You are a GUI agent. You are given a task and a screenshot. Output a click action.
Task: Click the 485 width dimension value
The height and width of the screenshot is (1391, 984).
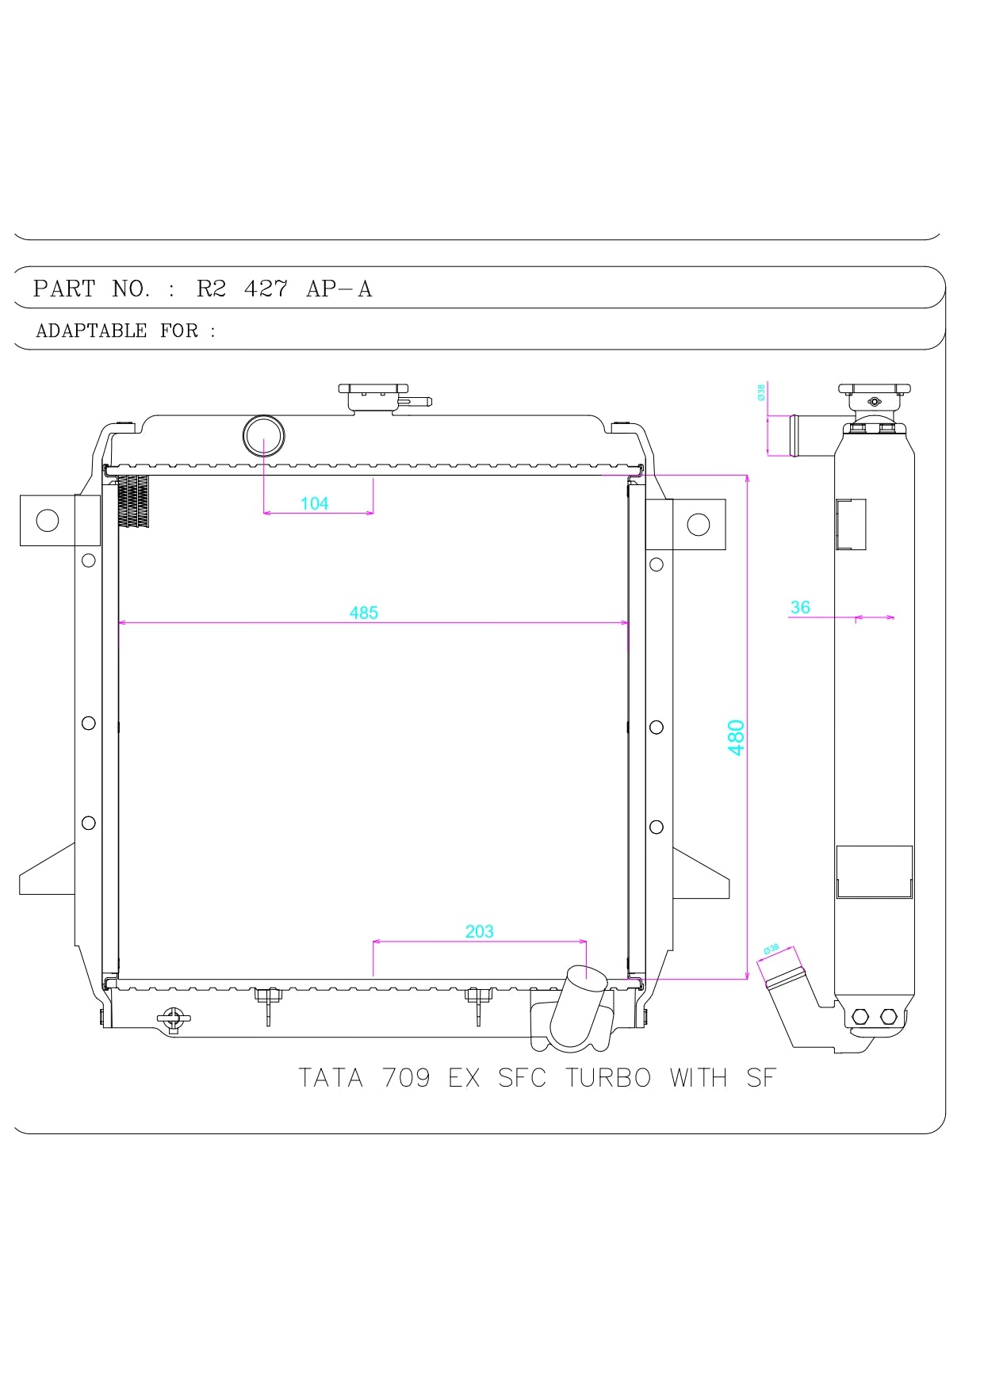tap(364, 613)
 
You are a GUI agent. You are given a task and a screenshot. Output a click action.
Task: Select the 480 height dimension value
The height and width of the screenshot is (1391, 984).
tap(736, 737)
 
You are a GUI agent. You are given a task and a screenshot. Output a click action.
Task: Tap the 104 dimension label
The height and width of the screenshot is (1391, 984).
tap(315, 503)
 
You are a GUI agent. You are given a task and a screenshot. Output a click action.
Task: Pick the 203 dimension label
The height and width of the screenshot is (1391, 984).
tap(480, 931)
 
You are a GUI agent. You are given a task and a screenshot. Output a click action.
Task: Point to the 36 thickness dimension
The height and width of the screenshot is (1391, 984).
tap(800, 607)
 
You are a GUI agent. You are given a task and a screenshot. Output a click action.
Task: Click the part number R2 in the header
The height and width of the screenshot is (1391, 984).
tap(211, 289)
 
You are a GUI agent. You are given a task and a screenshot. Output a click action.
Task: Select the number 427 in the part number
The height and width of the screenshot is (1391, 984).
tap(266, 289)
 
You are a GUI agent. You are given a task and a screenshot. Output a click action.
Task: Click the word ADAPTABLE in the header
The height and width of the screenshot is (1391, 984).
tap(91, 331)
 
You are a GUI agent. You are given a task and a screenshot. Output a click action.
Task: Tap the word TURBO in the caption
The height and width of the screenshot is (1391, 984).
tap(608, 1078)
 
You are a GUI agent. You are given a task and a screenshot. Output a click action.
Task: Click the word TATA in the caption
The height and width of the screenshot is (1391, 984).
tap(331, 1078)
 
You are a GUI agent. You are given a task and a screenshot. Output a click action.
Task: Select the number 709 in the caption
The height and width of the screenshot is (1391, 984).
tap(406, 1078)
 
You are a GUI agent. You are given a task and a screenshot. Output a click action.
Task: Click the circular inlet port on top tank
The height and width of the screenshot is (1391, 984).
tap(263, 435)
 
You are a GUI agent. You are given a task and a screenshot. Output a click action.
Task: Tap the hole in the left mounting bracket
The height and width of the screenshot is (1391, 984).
tap(48, 521)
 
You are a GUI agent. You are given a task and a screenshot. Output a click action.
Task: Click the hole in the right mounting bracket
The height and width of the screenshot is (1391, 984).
tap(699, 525)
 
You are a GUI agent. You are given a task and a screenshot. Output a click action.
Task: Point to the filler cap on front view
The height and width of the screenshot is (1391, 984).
tap(373, 396)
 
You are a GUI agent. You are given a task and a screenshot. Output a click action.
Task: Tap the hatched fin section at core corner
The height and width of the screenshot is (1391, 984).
tap(133, 501)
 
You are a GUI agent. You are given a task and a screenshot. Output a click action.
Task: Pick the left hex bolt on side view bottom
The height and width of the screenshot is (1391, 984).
tap(861, 1017)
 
